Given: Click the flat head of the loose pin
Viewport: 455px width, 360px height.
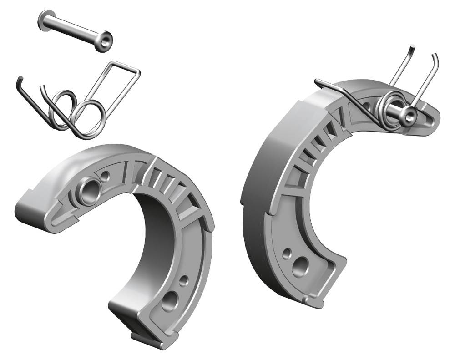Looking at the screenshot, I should [x=45, y=21].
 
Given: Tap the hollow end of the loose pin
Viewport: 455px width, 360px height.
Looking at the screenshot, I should [x=106, y=41].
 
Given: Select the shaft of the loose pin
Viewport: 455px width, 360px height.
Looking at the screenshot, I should [x=75, y=30].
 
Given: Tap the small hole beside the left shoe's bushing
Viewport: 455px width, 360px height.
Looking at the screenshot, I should [x=106, y=175].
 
